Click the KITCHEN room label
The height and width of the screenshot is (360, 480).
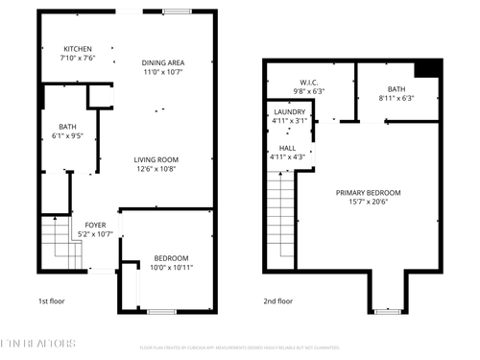tap(78, 49)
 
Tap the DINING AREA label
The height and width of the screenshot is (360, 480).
tap(162, 62)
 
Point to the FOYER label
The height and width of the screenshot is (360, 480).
tap(95, 225)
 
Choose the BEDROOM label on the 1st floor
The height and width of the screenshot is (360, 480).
tap(171, 257)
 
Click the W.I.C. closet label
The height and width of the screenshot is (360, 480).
tap(309, 82)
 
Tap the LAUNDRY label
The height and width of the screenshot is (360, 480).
tap(288, 111)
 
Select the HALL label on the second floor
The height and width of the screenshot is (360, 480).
tap(287, 148)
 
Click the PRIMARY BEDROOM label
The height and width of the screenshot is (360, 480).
tap(368, 193)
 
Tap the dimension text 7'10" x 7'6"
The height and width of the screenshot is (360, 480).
tap(78, 58)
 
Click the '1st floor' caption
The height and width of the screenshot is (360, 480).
tap(53, 300)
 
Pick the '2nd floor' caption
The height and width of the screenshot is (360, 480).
tap(278, 300)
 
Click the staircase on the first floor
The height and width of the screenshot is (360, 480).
tap(57, 244)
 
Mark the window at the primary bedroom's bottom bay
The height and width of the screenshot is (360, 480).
tap(388, 311)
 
